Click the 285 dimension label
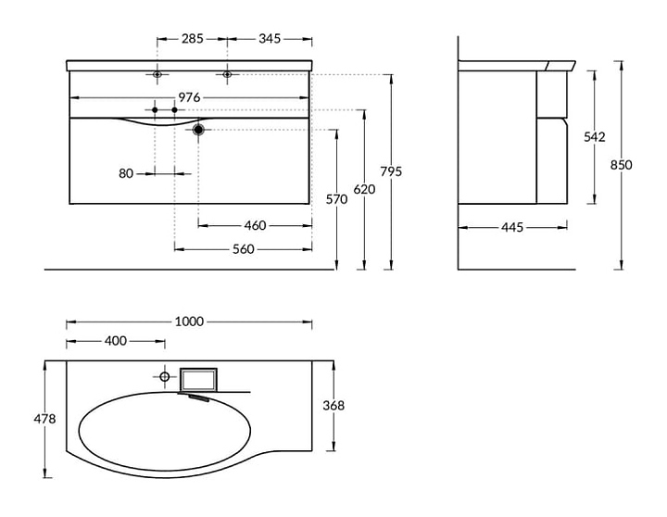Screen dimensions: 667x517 pyautogui.click(x=193, y=39)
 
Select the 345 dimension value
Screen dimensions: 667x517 pyautogui.click(x=270, y=39)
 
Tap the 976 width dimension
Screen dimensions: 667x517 pyautogui.click(x=189, y=98)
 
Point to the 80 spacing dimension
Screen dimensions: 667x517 pyautogui.click(x=126, y=173)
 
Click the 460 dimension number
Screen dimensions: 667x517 pyautogui.click(x=256, y=225)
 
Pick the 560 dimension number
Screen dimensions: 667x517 pyautogui.click(x=244, y=249)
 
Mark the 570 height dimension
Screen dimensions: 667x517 pyautogui.click(x=336, y=199)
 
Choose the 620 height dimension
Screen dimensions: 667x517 pyautogui.click(x=365, y=189)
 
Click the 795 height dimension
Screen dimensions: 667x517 pyautogui.click(x=391, y=171)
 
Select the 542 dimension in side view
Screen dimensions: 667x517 pyautogui.click(x=594, y=136)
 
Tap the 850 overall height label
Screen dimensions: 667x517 pyautogui.click(x=622, y=165)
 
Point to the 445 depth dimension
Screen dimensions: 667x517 pyautogui.click(x=512, y=228)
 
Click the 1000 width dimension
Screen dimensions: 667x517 pyautogui.click(x=189, y=322)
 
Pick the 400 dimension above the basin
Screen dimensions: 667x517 pyautogui.click(x=116, y=341)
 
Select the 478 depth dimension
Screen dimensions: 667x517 pyautogui.click(x=44, y=419)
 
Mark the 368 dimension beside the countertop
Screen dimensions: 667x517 pyautogui.click(x=333, y=406)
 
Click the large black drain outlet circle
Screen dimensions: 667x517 pyautogui.click(x=198, y=130)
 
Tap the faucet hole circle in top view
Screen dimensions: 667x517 pyautogui.click(x=165, y=376)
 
